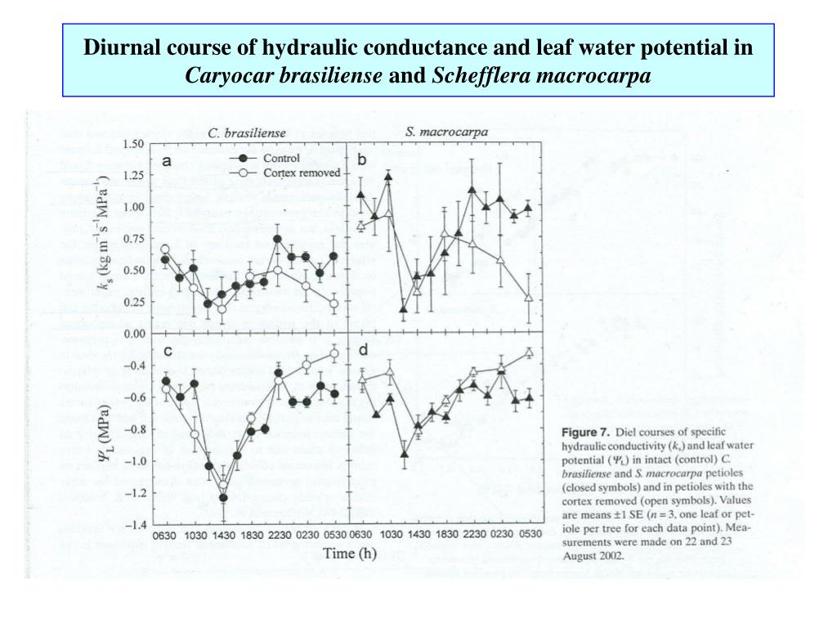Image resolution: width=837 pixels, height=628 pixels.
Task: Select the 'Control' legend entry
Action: point(280,158)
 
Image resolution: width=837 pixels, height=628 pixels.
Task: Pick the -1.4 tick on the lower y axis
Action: point(135,524)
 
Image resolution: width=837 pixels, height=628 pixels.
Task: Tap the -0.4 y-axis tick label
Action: point(135,365)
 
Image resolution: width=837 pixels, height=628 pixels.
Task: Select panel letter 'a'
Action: point(166,161)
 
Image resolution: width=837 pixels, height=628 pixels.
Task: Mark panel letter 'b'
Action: point(361,160)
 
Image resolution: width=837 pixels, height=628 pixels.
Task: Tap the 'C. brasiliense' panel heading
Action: point(245,132)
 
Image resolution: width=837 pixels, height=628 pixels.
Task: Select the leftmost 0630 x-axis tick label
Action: point(165,536)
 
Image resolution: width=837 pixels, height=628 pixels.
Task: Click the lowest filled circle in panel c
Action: point(222,498)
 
